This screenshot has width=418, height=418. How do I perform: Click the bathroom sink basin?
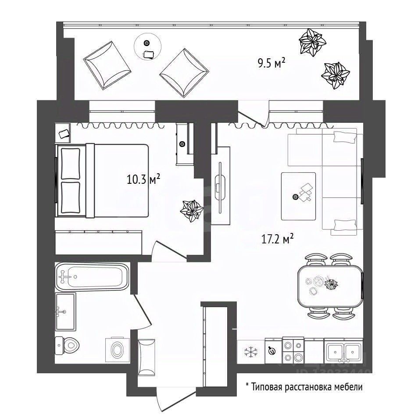65,311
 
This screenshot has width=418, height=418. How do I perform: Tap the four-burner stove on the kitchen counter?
293,350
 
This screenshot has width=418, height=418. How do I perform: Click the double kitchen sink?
343,350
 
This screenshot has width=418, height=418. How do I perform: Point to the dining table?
330,287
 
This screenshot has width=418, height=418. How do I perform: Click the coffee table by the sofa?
299,196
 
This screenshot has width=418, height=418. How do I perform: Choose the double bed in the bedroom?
103,180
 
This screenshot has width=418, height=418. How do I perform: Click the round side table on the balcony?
147,46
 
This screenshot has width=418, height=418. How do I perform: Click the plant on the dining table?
331,284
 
